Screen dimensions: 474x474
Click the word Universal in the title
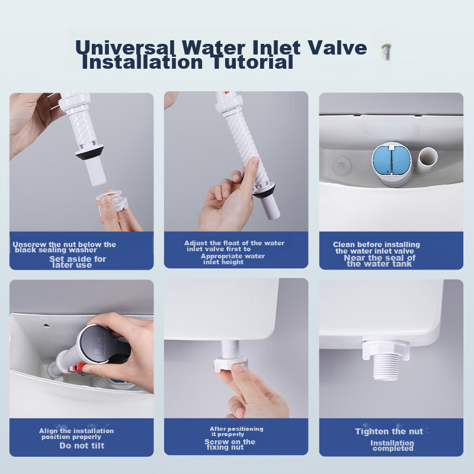(125, 47)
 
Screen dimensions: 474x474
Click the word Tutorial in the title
(252, 62)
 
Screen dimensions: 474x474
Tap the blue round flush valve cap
(392, 160)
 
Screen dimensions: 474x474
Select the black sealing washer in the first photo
(90, 152)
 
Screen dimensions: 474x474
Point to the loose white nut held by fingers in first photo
(112, 200)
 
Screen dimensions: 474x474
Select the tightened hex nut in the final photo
(386, 349)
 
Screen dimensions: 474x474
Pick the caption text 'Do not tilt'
(82, 446)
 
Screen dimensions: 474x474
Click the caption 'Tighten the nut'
(389, 431)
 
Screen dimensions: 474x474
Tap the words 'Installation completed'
(392, 446)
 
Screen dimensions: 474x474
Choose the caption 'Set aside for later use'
(78, 262)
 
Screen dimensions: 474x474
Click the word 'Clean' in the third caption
(344, 244)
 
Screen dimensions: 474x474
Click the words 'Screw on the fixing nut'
(230, 444)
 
